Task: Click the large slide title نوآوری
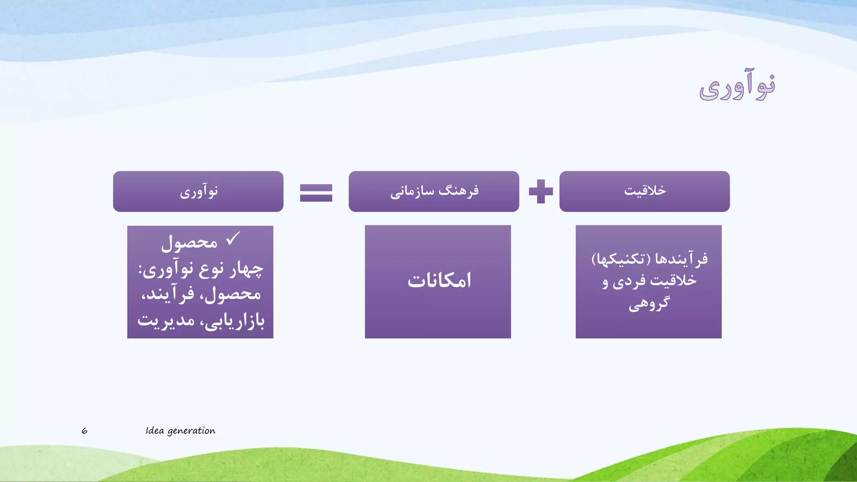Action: pos(737,87)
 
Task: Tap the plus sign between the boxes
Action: pos(541,192)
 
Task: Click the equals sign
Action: pos(316,193)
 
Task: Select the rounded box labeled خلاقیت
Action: pos(644,191)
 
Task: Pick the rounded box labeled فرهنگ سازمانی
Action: pos(434,191)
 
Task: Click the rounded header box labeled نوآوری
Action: pos(198,191)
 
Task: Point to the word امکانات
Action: pos(439,280)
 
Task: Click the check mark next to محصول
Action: pos(233,239)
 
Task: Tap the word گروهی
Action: pos(649,303)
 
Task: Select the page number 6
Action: pos(85,431)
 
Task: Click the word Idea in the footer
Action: pos(154,431)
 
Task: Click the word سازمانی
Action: pos(412,192)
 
